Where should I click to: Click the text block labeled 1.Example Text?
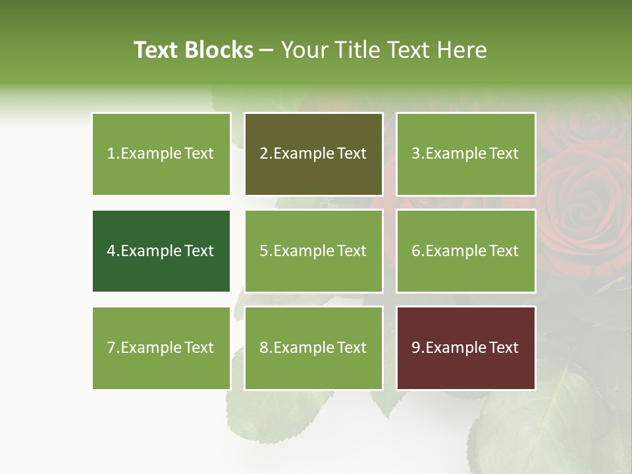pyautogui.click(x=161, y=154)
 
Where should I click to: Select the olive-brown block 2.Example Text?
pyautogui.click(x=313, y=154)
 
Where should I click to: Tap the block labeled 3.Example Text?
pyautogui.click(x=465, y=154)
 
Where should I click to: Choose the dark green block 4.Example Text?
pyautogui.click(x=161, y=251)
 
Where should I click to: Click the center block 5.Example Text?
pyautogui.click(x=313, y=251)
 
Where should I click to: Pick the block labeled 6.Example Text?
pyautogui.click(x=465, y=251)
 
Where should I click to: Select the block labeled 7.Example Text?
pyautogui.click(x=161, y=348)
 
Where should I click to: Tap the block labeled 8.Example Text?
pyautogui.click(x=313, y=348)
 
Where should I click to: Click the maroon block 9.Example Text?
pyautogui.click(x=465, y=348)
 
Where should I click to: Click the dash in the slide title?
pyautogui.click(x=267, y=50)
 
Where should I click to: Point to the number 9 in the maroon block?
pyautogui.click(x=416, y=348)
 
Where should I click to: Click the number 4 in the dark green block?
pyautogui.click(x=111, y=251)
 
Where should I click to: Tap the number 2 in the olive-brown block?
pyautogui.click(x=264, y=154)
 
